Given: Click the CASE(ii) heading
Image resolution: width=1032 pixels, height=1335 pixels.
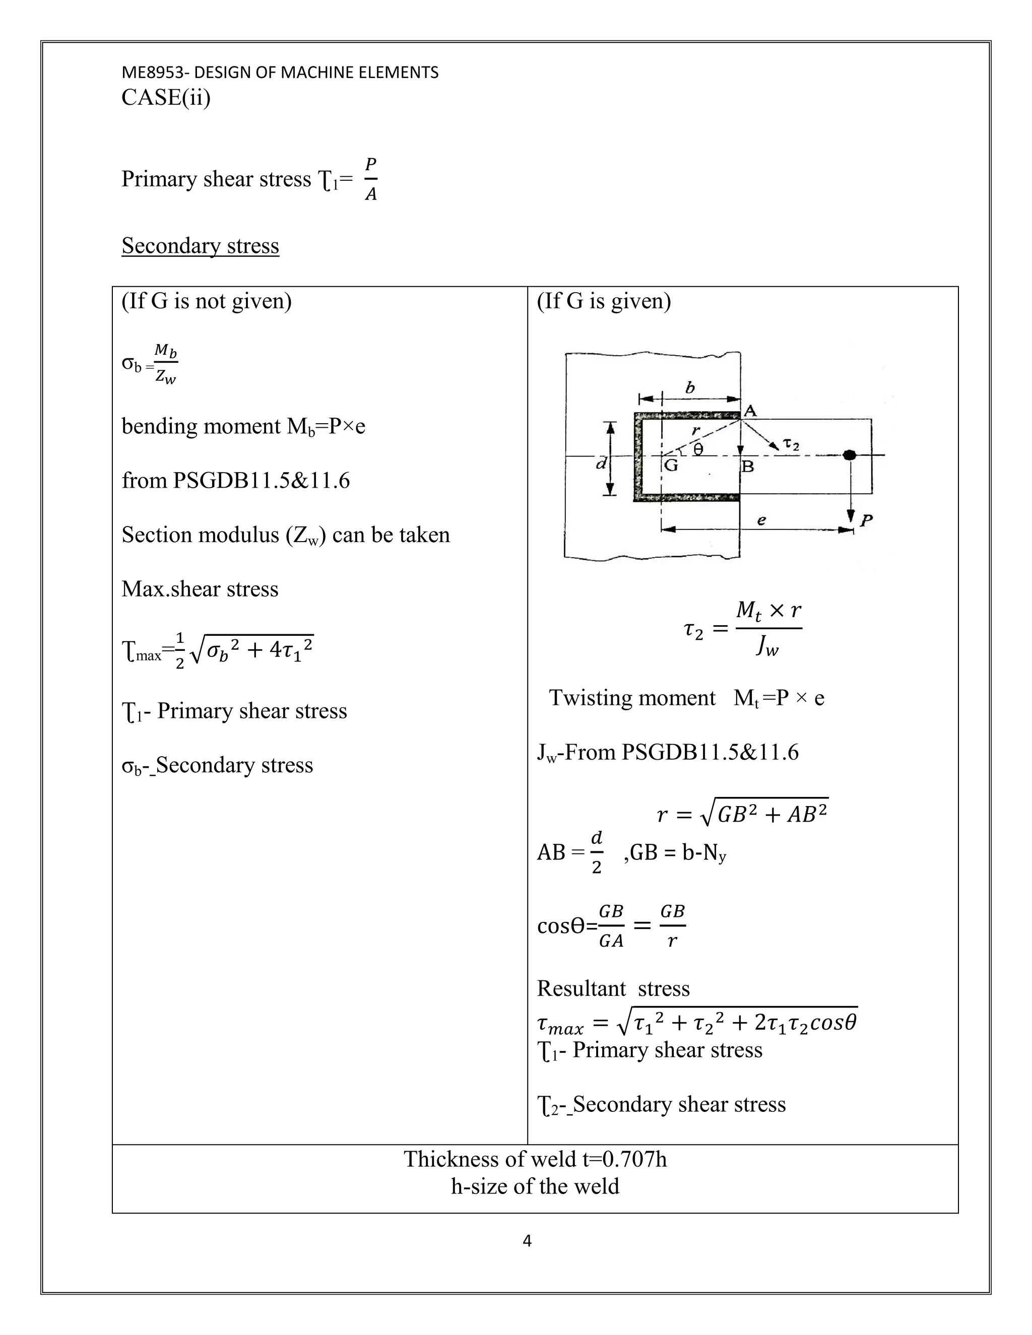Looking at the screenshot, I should (166, 98).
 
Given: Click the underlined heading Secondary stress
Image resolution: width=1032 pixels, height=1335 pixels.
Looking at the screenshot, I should (200, 246).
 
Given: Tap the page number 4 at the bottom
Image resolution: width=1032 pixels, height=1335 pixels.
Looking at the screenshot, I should (527, 1240).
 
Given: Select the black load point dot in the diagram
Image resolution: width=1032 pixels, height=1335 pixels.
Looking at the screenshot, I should (849, 455).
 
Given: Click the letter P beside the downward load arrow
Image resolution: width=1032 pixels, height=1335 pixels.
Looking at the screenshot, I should (866, 521).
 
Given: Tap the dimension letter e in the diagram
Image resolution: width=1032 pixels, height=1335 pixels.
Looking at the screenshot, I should (761, 520).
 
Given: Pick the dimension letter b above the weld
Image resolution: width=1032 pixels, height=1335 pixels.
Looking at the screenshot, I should (690, 387).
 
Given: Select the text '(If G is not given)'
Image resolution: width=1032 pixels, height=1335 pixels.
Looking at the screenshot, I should (206, 301).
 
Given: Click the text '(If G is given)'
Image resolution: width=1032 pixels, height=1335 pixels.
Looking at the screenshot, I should (603, 301).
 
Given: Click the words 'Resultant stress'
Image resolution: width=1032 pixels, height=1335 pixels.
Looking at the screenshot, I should (613, 988).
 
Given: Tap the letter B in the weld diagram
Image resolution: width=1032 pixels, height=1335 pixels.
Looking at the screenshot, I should (747, 468).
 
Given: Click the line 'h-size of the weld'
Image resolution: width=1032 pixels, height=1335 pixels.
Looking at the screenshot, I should (535, 1186).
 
